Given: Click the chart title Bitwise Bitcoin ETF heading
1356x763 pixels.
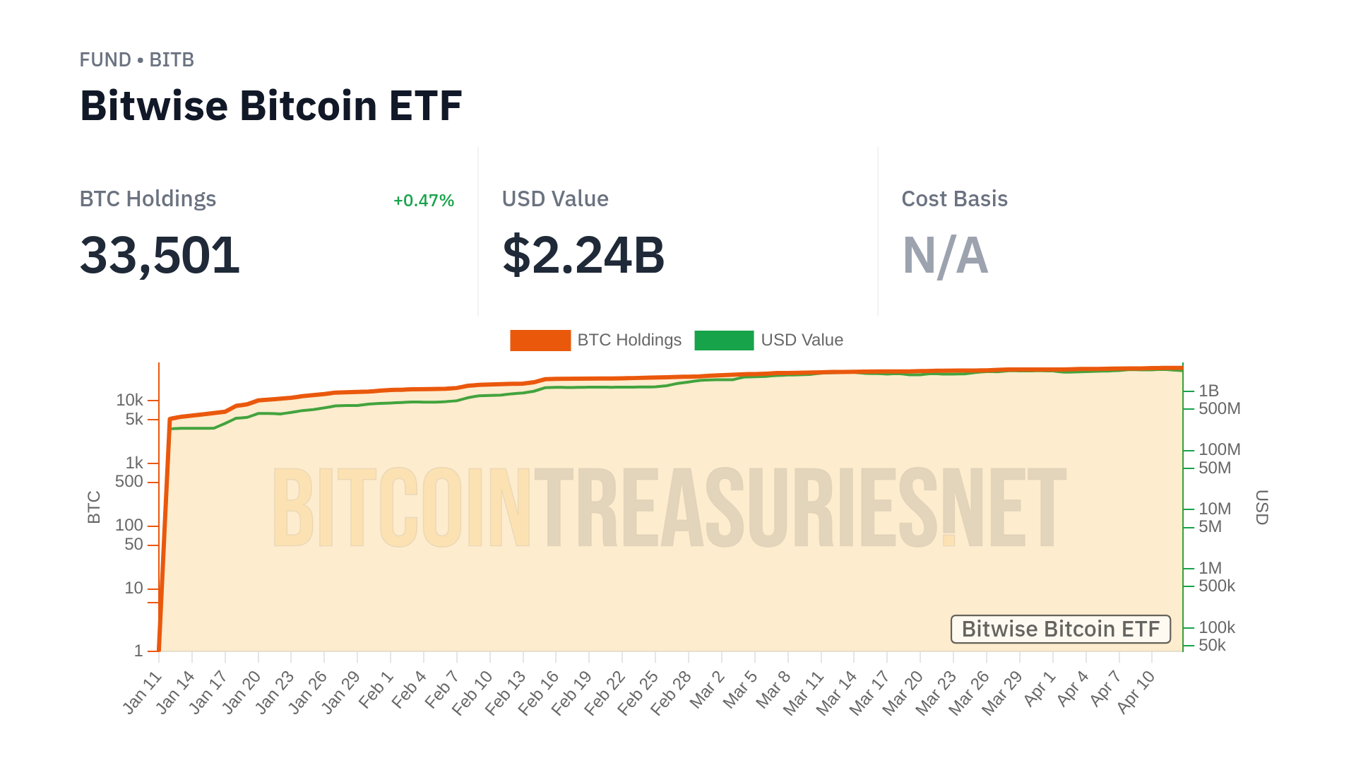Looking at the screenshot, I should (270, 106).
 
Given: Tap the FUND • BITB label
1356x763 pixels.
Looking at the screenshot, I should (136, 60).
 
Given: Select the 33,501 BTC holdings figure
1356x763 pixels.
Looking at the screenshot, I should (160, 255).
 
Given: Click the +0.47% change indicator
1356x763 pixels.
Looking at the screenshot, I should (423, 201).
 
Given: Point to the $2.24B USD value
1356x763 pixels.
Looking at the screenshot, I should (583, 255).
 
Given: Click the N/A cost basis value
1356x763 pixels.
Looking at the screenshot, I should (945, 255).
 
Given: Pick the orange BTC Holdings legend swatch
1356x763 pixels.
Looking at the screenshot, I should (540, 341).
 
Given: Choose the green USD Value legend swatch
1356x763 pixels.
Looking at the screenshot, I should (724, 341).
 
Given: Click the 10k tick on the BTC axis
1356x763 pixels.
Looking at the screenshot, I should (129, 401).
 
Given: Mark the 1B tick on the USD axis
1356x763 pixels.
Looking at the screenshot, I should (1208, 391).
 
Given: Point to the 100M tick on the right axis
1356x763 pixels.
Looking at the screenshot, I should (1219, 449).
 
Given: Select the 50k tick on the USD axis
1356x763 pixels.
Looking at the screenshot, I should (1212, 645).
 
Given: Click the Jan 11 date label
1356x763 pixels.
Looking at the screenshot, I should (143, 693).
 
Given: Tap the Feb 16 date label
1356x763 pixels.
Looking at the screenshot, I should (538, 693).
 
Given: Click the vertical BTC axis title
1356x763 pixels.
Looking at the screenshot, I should (94, 507).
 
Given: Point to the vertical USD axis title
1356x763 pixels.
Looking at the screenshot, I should (1261, 507).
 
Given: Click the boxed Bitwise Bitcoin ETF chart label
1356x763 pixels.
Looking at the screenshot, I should (1060, 629).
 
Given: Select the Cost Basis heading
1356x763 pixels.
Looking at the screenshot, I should (954, 199).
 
